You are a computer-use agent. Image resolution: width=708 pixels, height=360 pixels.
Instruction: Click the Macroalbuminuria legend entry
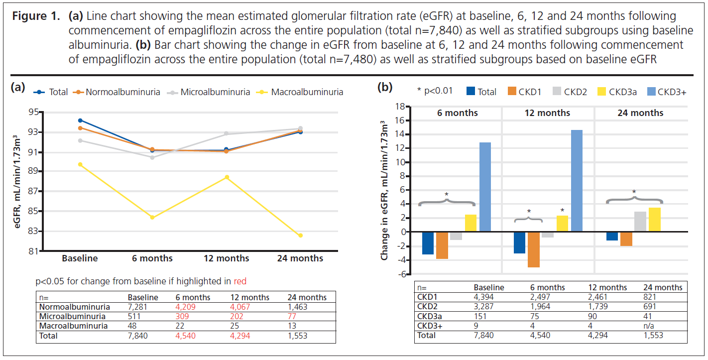click(307, 92)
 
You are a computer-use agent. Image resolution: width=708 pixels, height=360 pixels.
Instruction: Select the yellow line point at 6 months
click(152, 218)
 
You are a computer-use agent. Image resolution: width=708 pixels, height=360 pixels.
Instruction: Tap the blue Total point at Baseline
click(80, 120)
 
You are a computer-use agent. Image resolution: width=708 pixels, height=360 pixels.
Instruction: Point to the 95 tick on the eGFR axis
click(34, 112)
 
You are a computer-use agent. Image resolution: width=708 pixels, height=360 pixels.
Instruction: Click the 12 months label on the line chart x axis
click(226, 258)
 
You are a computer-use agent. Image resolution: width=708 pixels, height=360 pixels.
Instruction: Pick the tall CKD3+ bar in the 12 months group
click(577, 181)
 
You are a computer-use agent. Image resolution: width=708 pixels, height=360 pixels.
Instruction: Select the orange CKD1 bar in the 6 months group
click(442, 245)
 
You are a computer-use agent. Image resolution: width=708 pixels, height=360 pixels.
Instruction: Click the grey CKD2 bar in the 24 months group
click(640, 222)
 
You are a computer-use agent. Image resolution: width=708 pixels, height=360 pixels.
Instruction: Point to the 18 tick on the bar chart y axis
click(398, 106)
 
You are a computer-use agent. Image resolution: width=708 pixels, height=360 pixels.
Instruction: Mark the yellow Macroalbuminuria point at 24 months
click(300, 236)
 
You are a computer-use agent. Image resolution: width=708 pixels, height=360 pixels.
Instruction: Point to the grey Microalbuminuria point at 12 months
click(226, 133)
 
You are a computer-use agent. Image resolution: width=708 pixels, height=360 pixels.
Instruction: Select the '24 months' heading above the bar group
click(640, 113)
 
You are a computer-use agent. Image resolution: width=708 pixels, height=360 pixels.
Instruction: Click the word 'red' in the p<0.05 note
click(239, 281)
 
